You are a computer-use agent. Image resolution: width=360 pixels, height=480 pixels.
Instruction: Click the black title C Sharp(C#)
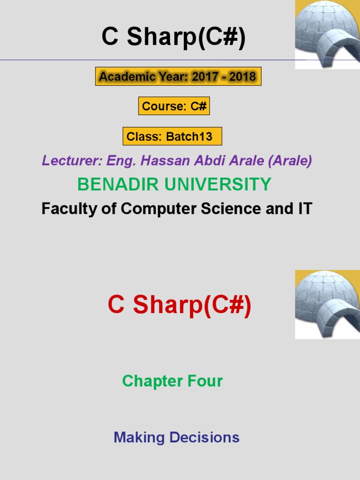point(173,37)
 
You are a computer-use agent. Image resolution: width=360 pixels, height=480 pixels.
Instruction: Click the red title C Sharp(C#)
point(180,306)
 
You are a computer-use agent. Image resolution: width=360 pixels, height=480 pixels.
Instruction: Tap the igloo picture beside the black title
point(327,34)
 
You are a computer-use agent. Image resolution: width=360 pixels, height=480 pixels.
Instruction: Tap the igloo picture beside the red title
point(327,304)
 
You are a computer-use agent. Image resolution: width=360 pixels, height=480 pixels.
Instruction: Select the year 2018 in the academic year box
point(242,76)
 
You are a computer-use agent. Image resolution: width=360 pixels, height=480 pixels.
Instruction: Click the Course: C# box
point(174,106)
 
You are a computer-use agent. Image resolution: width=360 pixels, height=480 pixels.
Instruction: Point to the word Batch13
point(189,137)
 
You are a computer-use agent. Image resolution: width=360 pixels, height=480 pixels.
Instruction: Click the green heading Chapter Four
point(172,381)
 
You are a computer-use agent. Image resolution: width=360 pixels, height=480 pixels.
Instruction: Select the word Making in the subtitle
point(139,437)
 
